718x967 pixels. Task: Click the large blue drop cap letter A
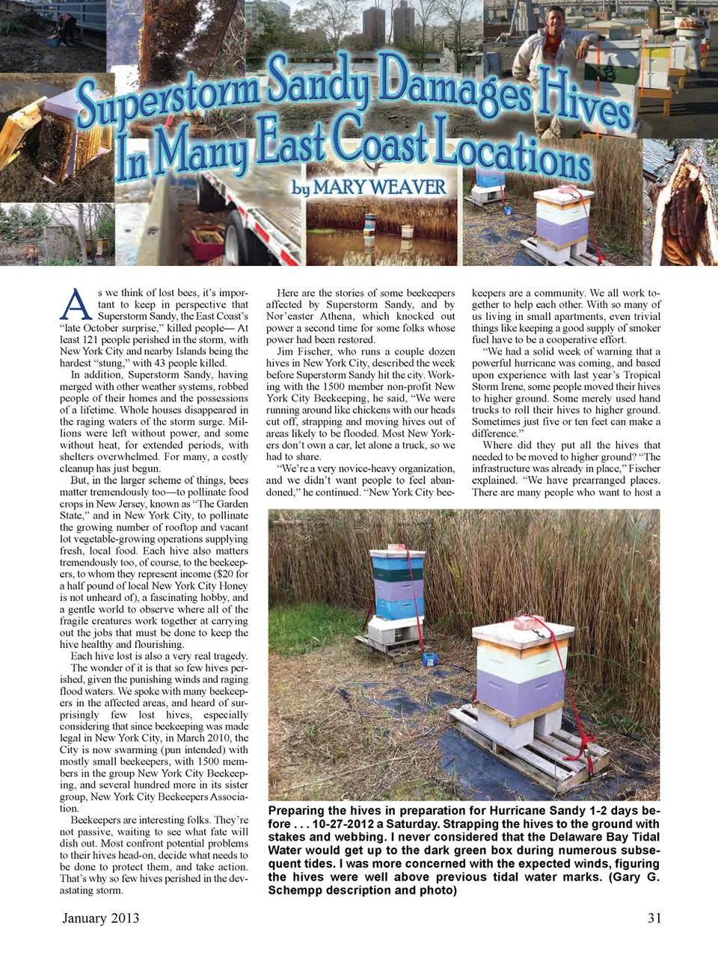click(x=76, y=306)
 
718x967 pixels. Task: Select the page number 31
click(x=654, y=918)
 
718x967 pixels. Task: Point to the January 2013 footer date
click(x=101, y=918)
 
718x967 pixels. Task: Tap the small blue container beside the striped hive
click(x=429, y=659)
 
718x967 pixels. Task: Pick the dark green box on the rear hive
click(x=398, y=573)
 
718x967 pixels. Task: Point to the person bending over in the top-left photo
click(x=67, y=28)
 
